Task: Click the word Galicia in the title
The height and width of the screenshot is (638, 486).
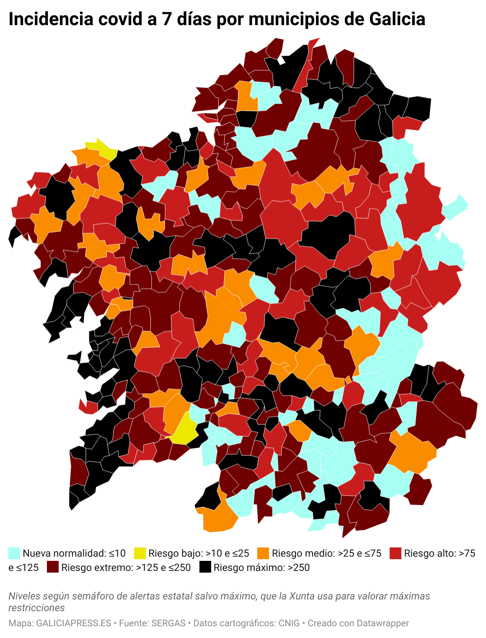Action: tap(397, 19)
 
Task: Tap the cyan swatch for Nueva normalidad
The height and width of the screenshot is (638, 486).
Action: tap(14, 553)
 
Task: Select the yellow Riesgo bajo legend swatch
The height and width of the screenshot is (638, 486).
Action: tap(140, 553)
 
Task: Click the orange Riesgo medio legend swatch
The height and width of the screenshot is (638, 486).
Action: tap(263, 553)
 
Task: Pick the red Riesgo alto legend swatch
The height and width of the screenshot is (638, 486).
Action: tap(396, 553)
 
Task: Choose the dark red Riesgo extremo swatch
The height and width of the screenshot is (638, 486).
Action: tap(53, 567)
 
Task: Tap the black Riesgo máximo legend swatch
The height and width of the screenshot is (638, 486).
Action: tap(205, 567)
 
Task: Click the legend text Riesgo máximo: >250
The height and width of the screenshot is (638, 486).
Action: tap(261, 568)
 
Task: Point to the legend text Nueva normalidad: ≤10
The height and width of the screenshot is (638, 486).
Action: tap(74, 553)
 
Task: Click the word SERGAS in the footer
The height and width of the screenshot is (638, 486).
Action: tap(168, 623)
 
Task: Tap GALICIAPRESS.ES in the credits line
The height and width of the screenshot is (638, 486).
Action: tap(74, 623)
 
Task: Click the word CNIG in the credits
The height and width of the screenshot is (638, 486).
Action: tap(289, 623)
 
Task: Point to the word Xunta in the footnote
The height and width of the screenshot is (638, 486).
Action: tap(302, 596)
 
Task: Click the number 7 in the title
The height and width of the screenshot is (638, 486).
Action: tap(167, 19)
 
